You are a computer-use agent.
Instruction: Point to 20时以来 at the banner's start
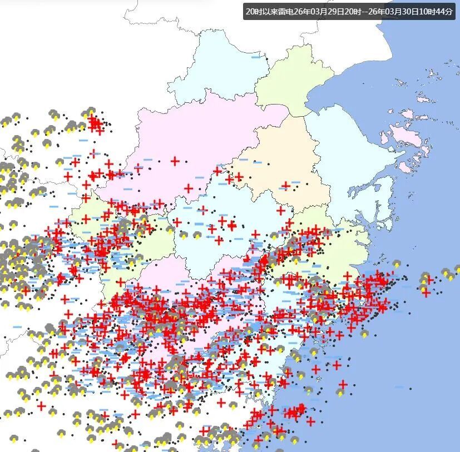(261, 11)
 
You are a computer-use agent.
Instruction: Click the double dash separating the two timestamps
(364, 11)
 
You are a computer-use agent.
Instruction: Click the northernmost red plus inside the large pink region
(175, 161)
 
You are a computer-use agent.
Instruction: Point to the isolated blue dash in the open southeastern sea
(399, 387)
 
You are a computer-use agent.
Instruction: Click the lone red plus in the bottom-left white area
(41, 406)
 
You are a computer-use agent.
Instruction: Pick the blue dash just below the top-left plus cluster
(83, 140)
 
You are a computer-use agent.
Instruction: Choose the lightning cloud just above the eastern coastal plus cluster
(397, 264)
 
